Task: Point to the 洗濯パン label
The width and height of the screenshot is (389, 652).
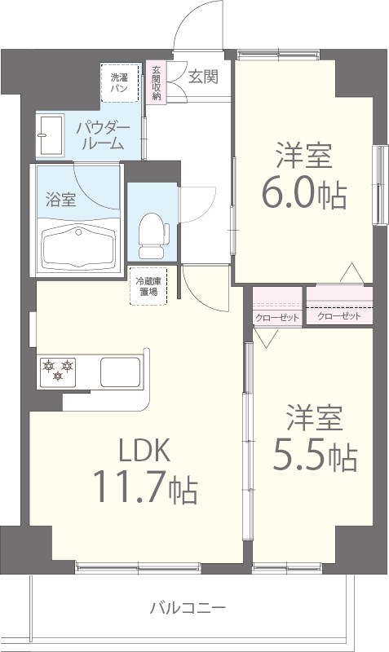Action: [x=119, y=82]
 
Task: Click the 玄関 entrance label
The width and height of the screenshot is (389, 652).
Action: [x=203, y=77]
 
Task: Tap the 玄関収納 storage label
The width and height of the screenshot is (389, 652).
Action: [x=156, y=82]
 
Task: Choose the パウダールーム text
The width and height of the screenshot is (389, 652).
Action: [x=101, y=136]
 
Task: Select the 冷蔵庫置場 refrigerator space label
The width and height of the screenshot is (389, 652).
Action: [x=148, y=287]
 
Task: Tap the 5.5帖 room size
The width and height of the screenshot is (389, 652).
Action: [x=313, y=456]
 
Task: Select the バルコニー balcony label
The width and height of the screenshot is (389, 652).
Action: [x=187, y=607]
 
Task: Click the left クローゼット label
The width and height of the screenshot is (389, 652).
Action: [x=276, y=317]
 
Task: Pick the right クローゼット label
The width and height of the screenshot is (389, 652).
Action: [x=338, y=316]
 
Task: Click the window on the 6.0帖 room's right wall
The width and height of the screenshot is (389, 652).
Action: [x=379, y=185]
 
